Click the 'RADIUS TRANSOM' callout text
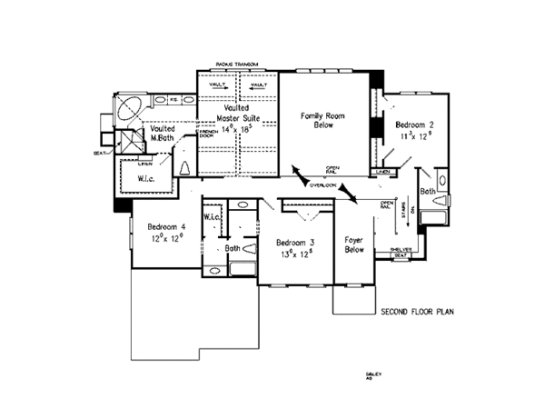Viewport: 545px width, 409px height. point(237,64)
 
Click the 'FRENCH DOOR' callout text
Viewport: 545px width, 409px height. point(206,136)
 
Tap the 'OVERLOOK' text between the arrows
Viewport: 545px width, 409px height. point(322,185)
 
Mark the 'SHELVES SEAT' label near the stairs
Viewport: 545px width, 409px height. point(401,252)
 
